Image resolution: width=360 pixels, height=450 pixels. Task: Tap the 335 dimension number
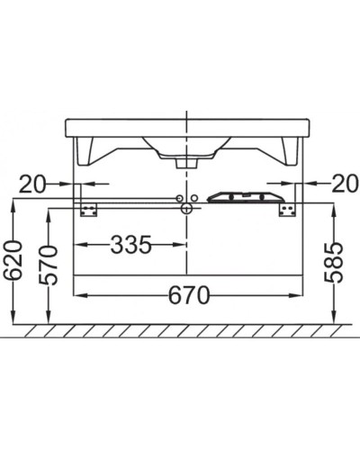point(130,245)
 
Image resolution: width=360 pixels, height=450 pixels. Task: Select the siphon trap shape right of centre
point(238,197)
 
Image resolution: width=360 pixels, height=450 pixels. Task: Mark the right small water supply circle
point(192,198)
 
